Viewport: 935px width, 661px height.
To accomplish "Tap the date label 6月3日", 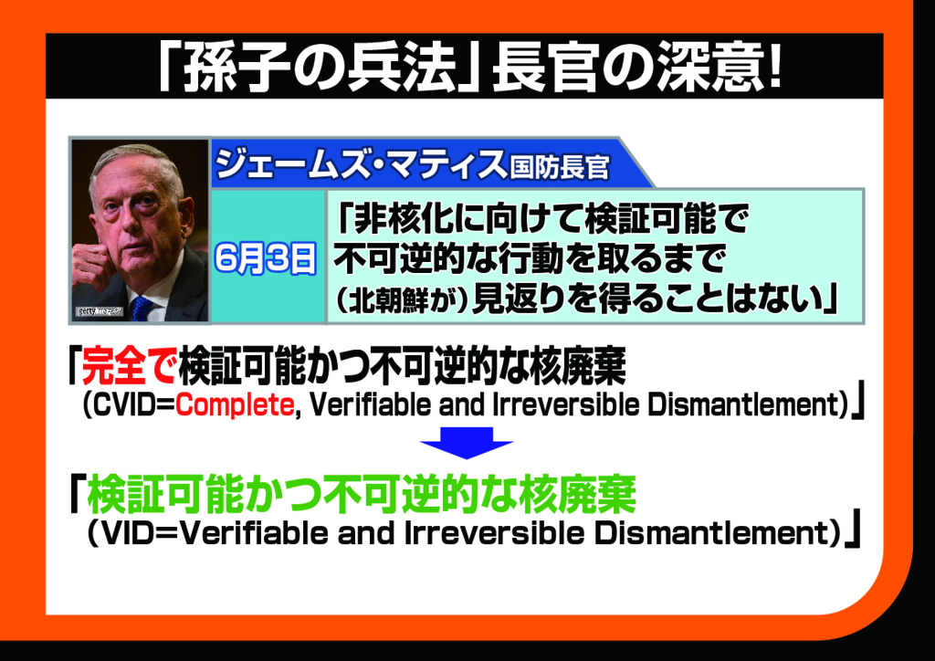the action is pos(266,258).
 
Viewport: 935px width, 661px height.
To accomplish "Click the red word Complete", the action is pos(235,404).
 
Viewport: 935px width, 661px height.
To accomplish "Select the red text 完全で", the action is pos(129,365).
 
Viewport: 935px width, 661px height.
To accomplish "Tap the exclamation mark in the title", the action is pos(774,67).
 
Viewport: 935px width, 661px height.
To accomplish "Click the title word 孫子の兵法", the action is pos(320,67).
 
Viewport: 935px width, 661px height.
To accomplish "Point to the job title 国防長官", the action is pos(560,167).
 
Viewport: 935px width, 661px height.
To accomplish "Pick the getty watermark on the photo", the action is pos(99,311).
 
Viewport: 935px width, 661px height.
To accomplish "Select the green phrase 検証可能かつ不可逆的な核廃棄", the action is pos(362,494).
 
